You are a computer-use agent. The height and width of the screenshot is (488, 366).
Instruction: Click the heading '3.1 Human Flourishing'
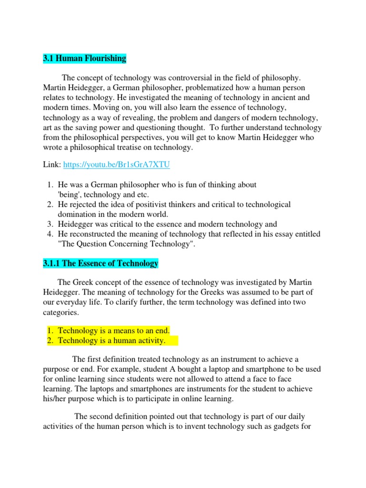(x=84, y=59)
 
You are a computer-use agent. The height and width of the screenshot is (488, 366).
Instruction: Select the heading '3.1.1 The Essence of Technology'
(x=100, y=264)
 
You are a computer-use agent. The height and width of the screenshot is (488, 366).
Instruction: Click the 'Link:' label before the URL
(x=51, y=165)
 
